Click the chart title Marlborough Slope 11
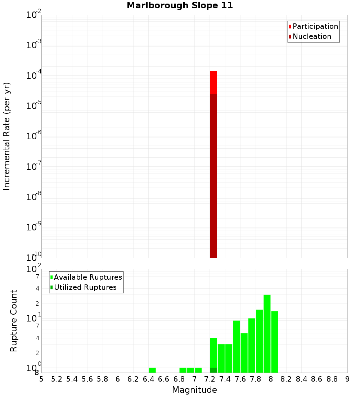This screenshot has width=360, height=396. (180, 5)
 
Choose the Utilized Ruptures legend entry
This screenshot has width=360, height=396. (85, 287)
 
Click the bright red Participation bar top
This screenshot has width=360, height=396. (213, 82)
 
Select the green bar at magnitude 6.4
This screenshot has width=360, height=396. (152, 370)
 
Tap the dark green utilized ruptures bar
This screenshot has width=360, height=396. (213, 370)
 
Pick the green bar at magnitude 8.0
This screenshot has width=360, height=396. (275, 342)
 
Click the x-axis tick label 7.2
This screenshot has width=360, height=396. (210, 379)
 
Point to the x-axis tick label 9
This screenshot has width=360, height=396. (347, 379)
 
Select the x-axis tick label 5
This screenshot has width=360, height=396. (41, 379)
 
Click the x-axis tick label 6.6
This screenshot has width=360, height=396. (164, 379)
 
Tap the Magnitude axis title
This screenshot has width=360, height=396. (194, 390)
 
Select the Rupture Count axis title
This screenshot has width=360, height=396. (14, 321)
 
